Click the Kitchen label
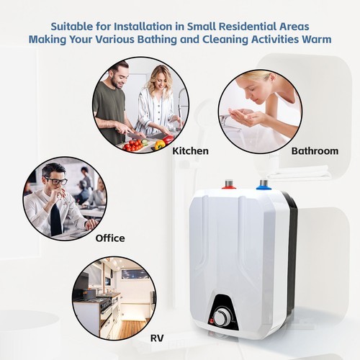pyautogui.click(x=190, y=151)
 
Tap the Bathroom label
pyautogui.click(x=315, y=151)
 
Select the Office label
pyautogui.click(x=110, y=238)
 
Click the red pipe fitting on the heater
pyautogui.click(x=229, y=186)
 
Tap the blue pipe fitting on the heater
pyautogui.click(x=264, y=184)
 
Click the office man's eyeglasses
pyautogui.click(x=55, y=180)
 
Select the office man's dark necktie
pyautogui.click(x=55, y=220)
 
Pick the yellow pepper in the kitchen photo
pyautogui.click(x=159, y=144)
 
